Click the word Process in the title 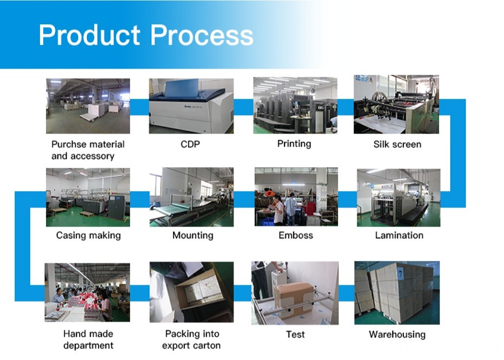(x=202, y=35)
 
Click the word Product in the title (x=89, y=35)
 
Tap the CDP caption (x=190, y=144)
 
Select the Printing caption (x=294, y=144)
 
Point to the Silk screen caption (x=397, y=144)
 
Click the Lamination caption (x=399, y=235)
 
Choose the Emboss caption (x=296, y=235)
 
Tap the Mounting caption (x=193, y=236)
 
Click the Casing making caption (x=88, y=236)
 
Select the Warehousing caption (x=397, y=335)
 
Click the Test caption (x=295, y=335)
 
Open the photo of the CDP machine (x=191, y=106)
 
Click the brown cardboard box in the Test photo (x=293, y=299)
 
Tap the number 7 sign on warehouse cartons (x=401, y=274)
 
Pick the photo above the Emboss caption (x=296, y=197)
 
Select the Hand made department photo (x=87, y=292)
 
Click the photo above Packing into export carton (x=191, y=292)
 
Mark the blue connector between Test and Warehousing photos (x=347, y=294)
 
